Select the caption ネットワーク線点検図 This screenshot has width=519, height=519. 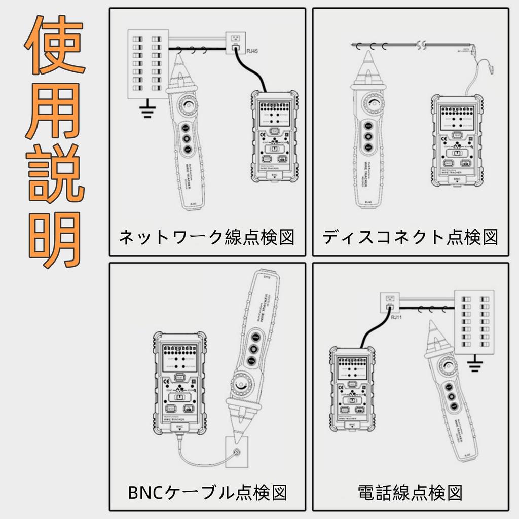click(x=207, y=237)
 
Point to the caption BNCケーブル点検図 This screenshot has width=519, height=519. click(x=207, y=491)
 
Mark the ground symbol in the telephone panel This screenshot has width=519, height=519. click(x=475, y=364)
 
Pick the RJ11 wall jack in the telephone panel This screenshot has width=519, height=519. click(x=389, y=303)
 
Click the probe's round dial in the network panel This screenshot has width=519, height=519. click(x=188, y=105)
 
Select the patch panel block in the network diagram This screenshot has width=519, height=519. click(x=147, y=63)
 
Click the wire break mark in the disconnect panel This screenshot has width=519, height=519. click(x=420, y=45)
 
